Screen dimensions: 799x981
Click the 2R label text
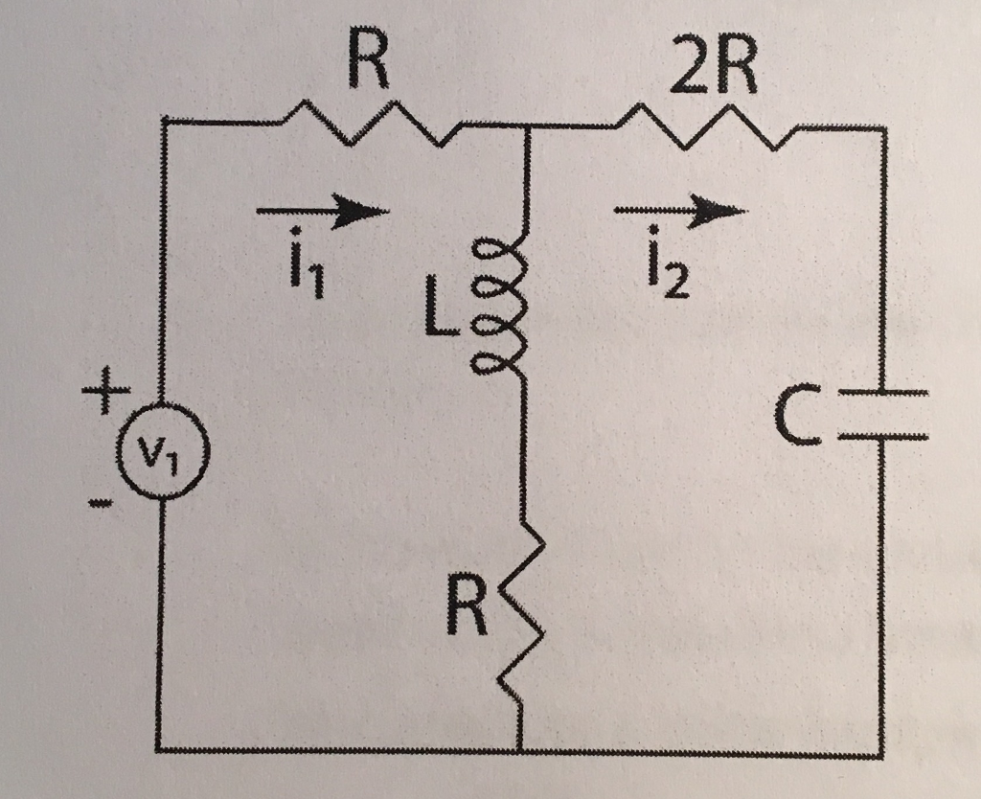(x=714, y=72)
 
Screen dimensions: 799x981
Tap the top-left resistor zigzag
(x=367, y=127)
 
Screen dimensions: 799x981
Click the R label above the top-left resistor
(x=369, y=65)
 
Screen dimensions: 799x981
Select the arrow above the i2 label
(x=681, y=210)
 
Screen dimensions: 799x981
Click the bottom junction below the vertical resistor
(x=522, y=749)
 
